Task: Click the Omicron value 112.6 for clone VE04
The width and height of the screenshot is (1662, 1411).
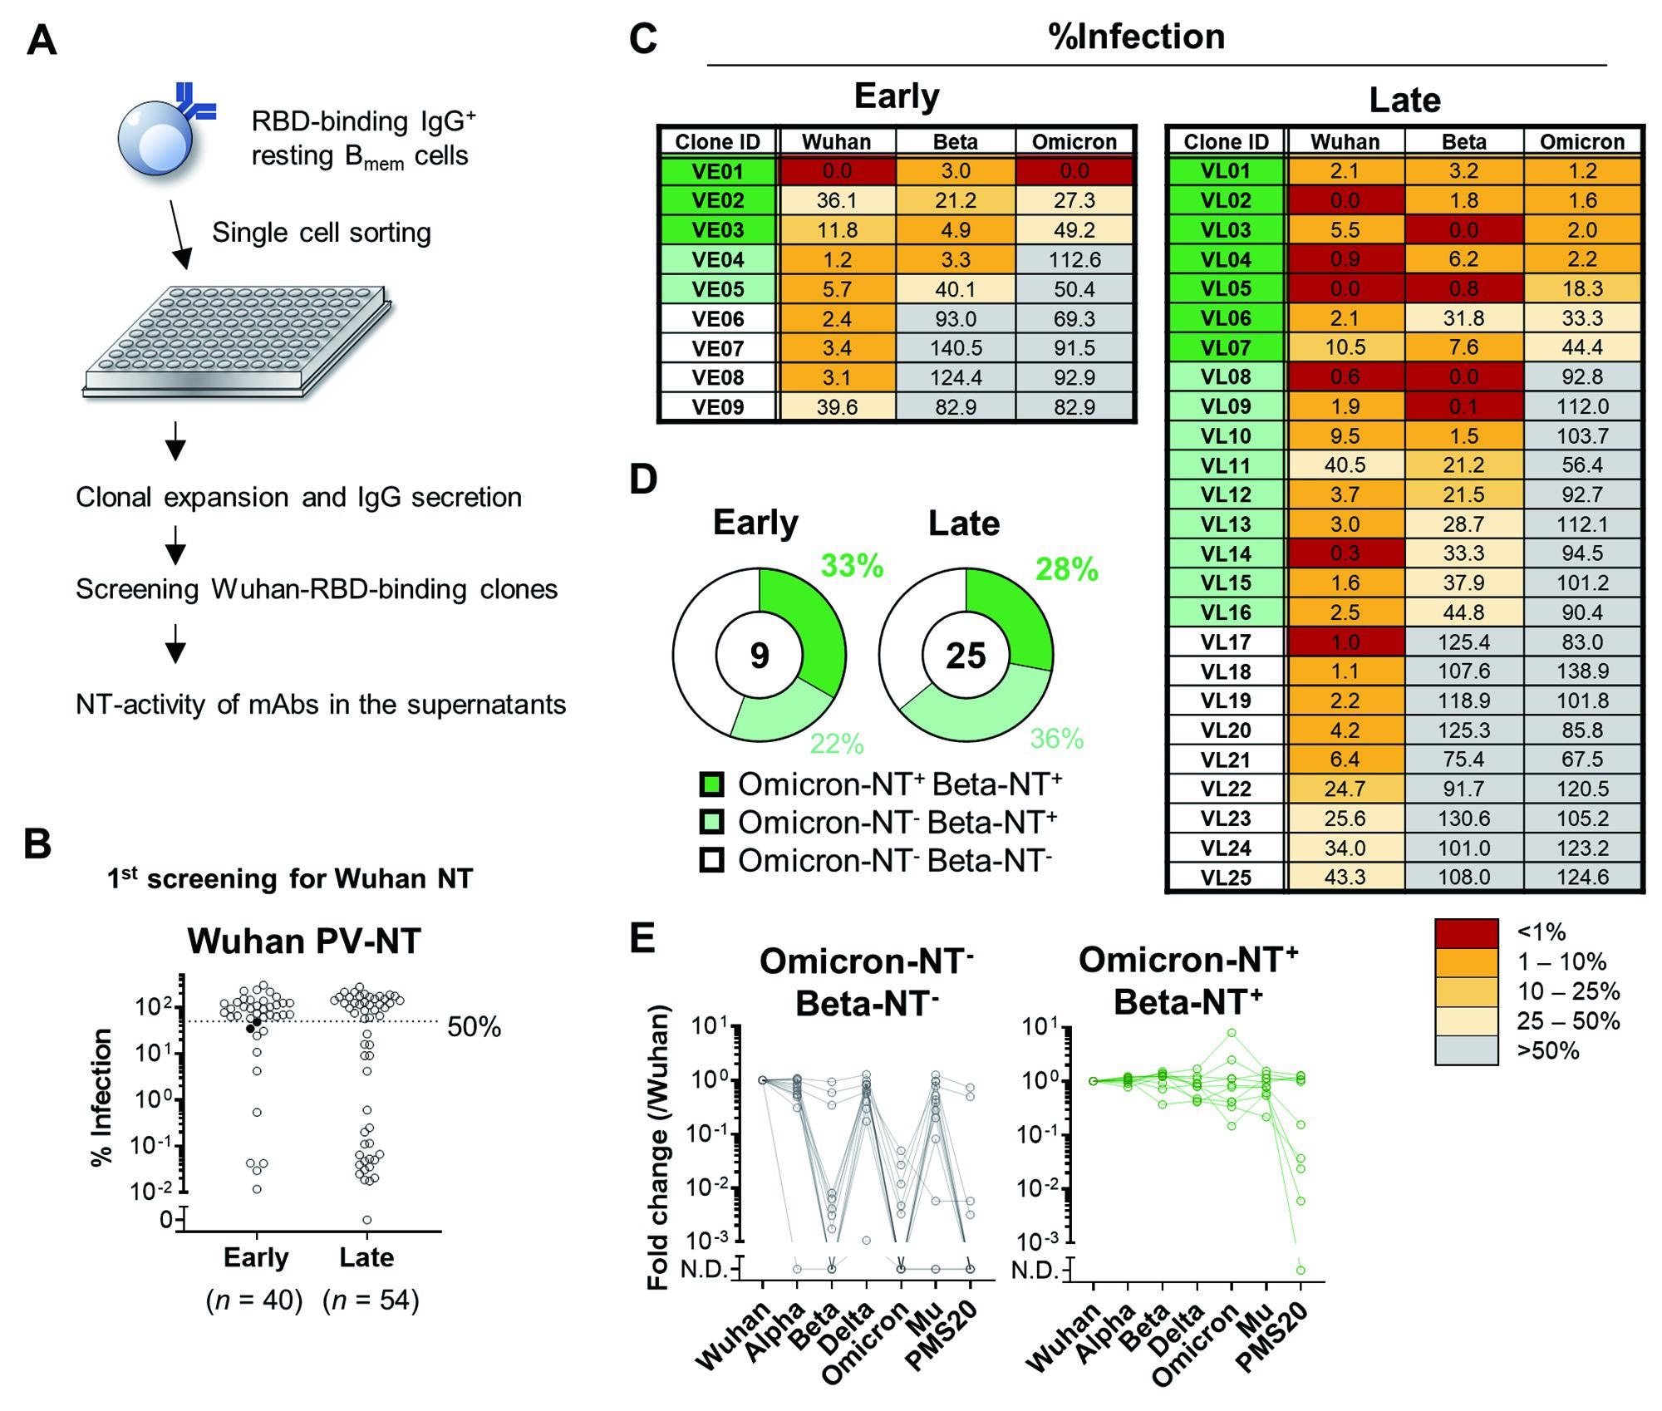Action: (1074, 260)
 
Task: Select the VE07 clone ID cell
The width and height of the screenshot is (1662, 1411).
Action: (717, 348)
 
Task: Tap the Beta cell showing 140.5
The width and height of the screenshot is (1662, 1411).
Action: (956, 348)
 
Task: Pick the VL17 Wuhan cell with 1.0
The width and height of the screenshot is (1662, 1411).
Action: (1345, 642)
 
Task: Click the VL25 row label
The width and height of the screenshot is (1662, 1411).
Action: (1226, 878)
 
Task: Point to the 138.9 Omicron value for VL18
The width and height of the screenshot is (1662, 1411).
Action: (1582, 671)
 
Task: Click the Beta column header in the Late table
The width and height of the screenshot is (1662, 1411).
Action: (1463, 142)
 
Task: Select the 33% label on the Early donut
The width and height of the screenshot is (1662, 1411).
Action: (853, 566)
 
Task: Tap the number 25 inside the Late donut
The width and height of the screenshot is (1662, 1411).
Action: (966, 656)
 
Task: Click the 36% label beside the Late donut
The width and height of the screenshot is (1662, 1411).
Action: (1057, 739)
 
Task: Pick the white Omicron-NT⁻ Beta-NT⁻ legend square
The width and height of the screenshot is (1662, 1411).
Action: (712, 860)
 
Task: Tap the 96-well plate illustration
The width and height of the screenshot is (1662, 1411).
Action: (237, 341)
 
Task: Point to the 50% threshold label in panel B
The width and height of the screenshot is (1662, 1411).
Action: (475, 1028)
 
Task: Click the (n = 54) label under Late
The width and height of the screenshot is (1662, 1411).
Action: (371, 1300)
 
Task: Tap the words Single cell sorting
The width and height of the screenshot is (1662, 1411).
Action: (322, 233)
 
